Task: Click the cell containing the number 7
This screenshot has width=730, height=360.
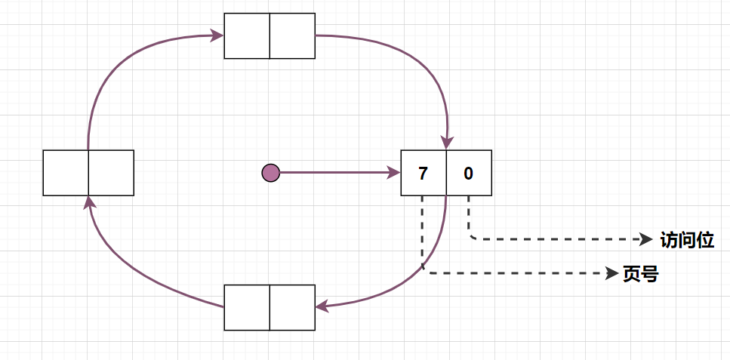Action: click(x=424, y=173)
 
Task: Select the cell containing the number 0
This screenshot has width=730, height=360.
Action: click(x=469, y=173)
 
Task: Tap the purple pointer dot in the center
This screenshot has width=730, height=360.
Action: click(x=270, y=173)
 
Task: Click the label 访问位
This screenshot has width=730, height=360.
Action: click(x=686, y=240)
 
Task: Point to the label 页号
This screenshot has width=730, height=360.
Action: click(x=640, y=275)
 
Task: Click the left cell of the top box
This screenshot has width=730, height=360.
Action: click(x=247, y=35)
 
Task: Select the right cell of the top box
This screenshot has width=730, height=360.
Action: click(x=292, y=35)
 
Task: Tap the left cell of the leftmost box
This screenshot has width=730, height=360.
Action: click(x=66, y=173)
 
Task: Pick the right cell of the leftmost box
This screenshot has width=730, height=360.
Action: click(x=111, y=173)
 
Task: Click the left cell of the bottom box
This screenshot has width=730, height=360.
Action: click(x=247, y=307)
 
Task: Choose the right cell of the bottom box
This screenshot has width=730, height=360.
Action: click(x=292, y=307)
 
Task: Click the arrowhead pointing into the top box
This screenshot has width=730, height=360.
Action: click(x=217, y=35)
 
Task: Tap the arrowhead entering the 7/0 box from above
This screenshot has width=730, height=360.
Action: click(x=448, y=143)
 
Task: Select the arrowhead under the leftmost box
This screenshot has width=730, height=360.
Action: click(x=89, y=202)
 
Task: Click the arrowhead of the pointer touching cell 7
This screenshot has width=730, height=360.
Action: click(x=394, y=173)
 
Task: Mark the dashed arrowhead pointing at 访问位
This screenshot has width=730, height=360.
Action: click(x=646, y=239)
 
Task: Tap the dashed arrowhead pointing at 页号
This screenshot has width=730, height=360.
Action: click(x=612, y=273)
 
